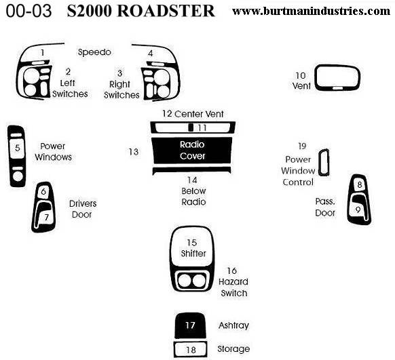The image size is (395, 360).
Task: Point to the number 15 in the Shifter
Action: click(x=191, y=243)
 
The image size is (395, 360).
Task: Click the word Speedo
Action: click(x=94, y=52)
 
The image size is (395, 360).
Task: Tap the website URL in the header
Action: click(x=311, y=11)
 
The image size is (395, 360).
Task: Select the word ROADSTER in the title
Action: click(x=166, y=11)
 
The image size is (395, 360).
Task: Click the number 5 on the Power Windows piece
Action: click(x=17, y=148)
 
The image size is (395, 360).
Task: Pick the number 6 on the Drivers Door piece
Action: click(x=43, y=191)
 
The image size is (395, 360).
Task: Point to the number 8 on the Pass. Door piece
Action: click(x=360, y=185)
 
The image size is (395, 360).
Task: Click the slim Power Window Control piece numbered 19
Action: click(x=320, y=162)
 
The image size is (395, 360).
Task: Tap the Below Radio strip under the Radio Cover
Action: click(x=191, y=170)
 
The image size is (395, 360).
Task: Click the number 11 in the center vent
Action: click(x=202, y=128)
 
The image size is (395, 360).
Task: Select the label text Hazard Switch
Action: click(x=233, y=287)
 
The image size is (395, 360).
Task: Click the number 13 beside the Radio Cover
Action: click(x=134, y=152)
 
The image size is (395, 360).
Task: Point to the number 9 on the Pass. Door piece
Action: click(x=358, y=209)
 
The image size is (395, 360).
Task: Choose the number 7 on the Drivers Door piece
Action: click(x=46, y=217)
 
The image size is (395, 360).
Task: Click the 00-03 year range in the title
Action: click(x=29, y=12)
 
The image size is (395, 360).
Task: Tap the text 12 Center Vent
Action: click(x=193, y=114)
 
